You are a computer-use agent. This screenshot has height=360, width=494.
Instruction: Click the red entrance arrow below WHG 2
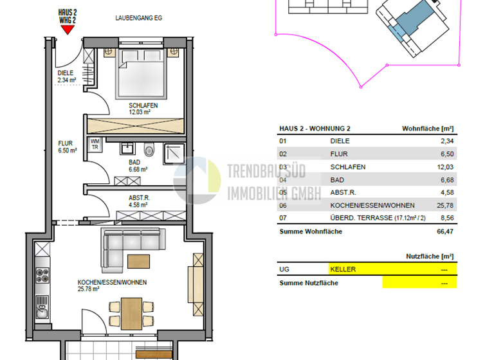[68, 29]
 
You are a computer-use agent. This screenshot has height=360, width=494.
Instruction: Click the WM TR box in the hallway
[95, 144]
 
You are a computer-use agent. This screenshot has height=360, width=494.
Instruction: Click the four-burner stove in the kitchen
[42, 277]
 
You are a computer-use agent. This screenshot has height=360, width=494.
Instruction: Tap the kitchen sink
[42, 314]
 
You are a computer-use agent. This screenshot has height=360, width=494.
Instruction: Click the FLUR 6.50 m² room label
[67, 147]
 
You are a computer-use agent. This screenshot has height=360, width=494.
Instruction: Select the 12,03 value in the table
[446, 167]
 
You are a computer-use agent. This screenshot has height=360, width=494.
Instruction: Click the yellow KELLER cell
[392, 269]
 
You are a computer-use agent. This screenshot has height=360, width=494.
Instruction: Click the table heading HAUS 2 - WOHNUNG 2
[315, 129]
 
